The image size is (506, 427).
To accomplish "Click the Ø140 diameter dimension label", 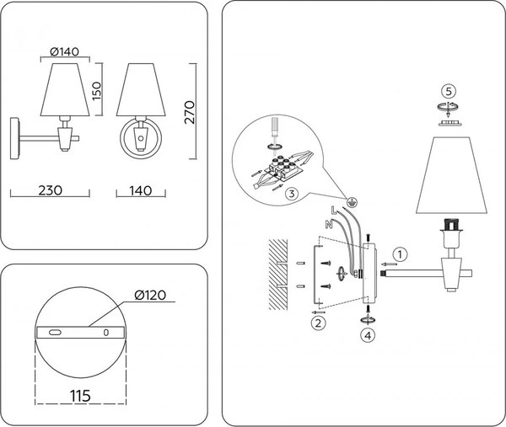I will [x=64, y=52].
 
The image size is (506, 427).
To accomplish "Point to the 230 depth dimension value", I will [x=51, y=190].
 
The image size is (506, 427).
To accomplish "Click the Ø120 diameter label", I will [x=149, y=296].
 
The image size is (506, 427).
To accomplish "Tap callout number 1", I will [x=401, y=252].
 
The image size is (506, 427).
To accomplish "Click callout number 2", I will [x=319, y=322].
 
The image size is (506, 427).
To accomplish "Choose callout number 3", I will [x=289, y=194].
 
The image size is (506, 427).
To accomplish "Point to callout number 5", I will [x=450, y=90].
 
